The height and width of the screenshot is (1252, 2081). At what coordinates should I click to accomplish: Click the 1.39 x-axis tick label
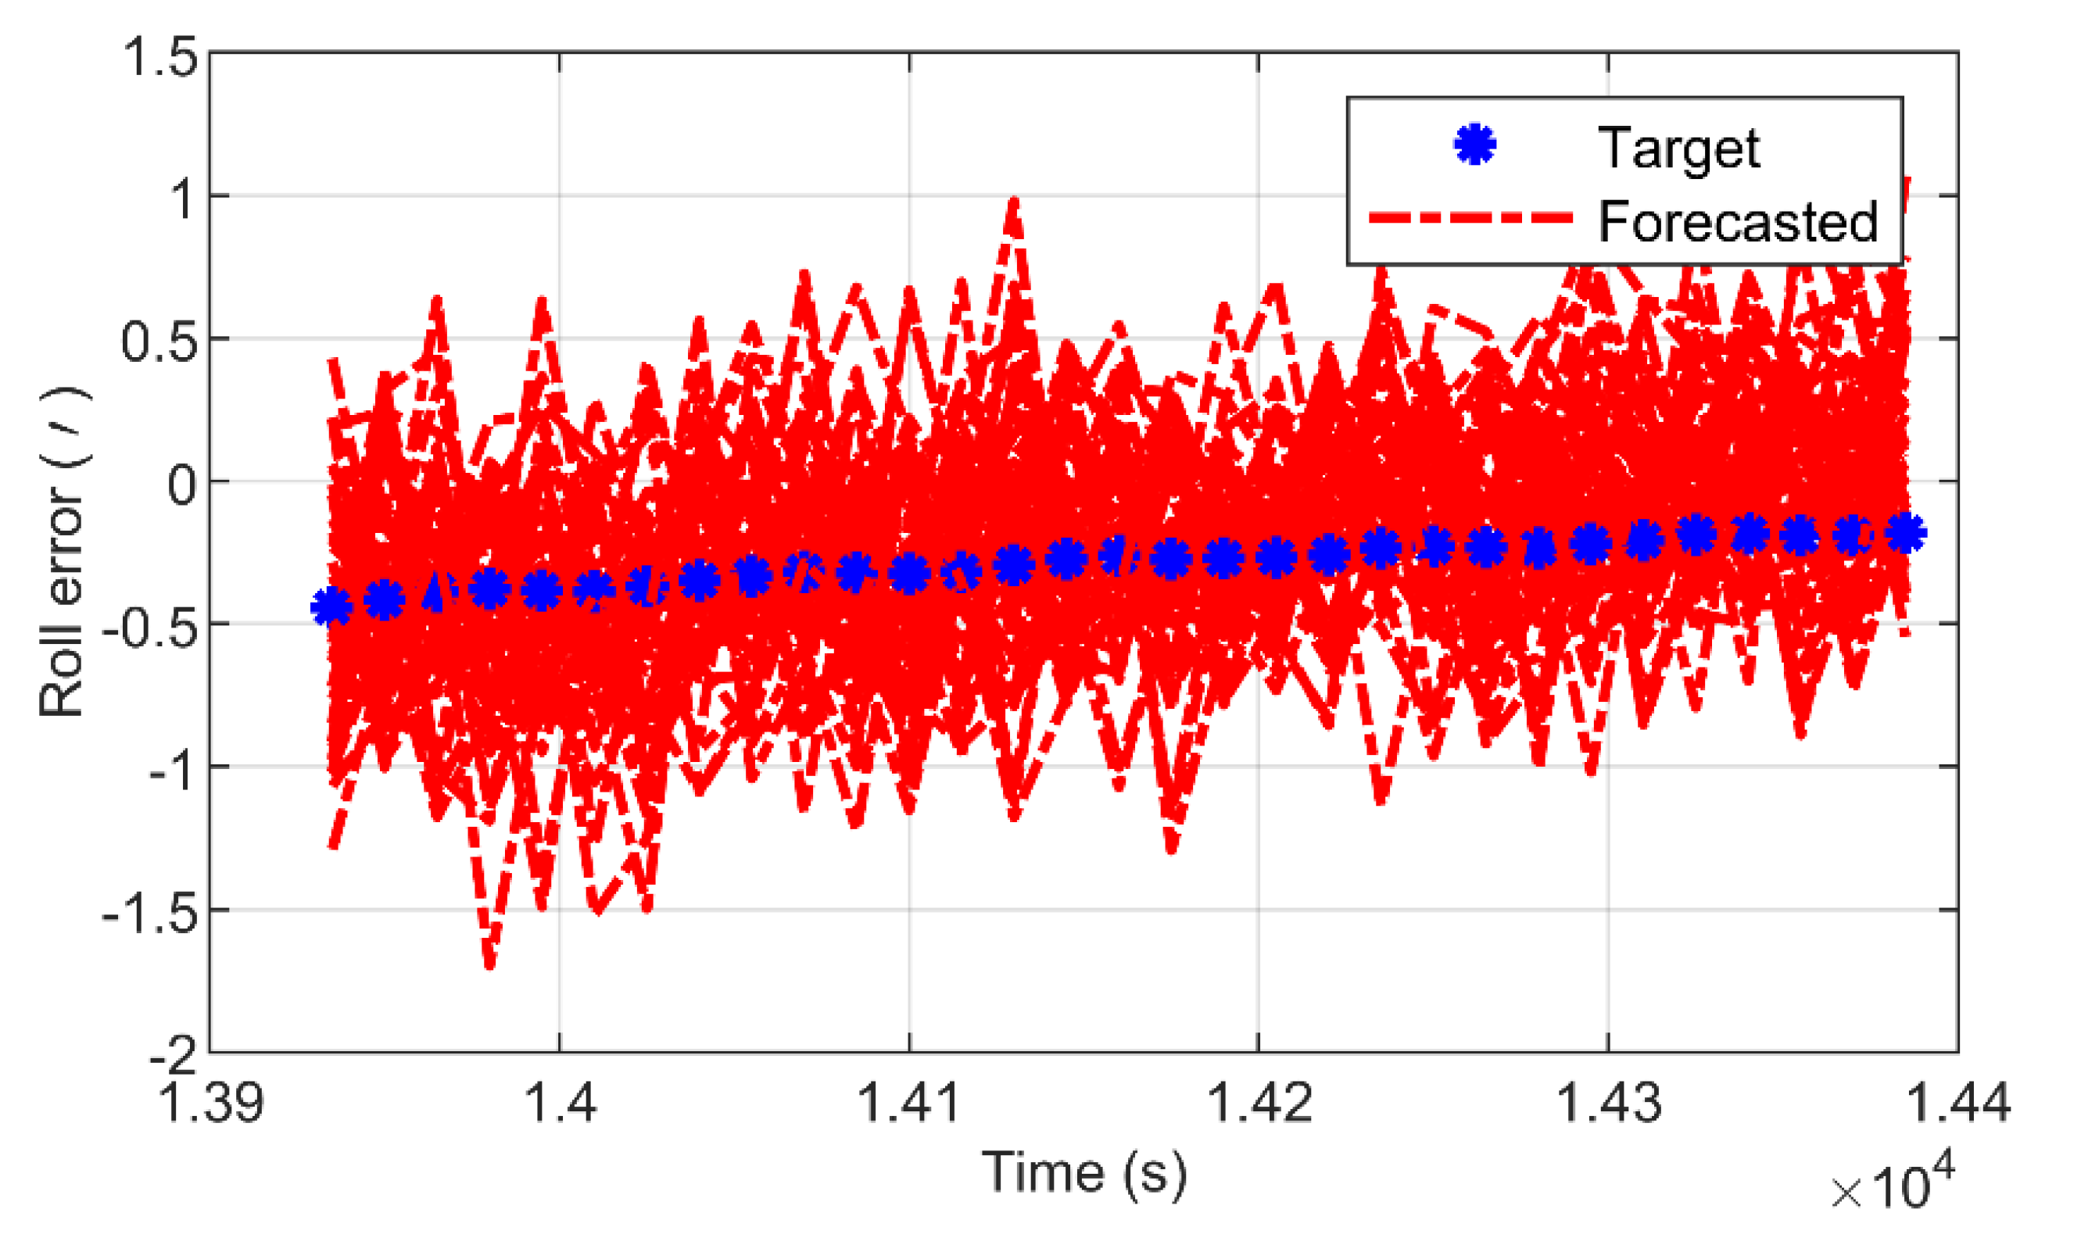tap(211, 1103)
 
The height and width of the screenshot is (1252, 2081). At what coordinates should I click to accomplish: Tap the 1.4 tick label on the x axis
tap(561, 1103)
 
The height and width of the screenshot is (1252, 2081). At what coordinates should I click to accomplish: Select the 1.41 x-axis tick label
tap(909, 1103)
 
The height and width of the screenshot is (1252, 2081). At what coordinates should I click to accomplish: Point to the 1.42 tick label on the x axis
tap(1259, 1103)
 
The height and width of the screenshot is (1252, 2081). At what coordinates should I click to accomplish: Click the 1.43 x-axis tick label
tap(1607, 1103)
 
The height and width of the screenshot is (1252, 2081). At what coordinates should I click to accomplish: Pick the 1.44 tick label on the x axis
tap(1957, 1103)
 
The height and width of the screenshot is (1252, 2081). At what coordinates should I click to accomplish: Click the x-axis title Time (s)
tap(1083, 1173)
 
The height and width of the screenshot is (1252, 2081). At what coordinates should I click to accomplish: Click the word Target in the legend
tap(1678, 148)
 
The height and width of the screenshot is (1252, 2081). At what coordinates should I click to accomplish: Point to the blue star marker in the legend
tap(1474, 145)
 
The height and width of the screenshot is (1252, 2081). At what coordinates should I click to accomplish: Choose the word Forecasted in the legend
tap(1738, 222)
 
